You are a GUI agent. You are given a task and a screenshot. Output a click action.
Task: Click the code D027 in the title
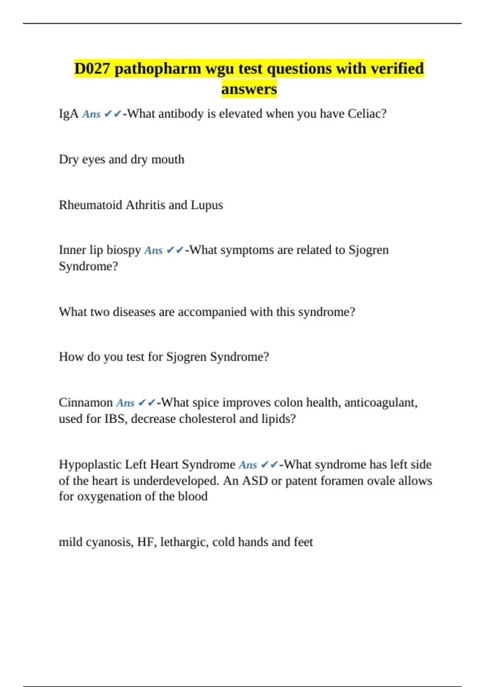pyautogui.click(x=92, y=69)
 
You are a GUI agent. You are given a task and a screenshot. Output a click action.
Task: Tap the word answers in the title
pyautogui.click(x=249, y=89)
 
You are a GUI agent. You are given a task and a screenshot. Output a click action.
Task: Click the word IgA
pyautogui.click(x=68, y=114)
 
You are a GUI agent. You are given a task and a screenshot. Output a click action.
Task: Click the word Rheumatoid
pyautogui.click(x=91, y=205)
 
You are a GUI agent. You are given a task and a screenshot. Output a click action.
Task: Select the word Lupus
pyautogui.click(x=207, y=205)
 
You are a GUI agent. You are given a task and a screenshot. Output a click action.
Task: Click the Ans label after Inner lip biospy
pyautogui.click(x=153, y=251)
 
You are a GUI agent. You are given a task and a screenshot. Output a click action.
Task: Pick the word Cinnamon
pyautogui.click(x=86, y=403)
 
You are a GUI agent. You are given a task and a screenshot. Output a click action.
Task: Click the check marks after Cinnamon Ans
pyautogui.click(x=147, y=403)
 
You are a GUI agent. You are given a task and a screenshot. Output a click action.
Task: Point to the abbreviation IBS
pyautogui.click(x=115, y=419)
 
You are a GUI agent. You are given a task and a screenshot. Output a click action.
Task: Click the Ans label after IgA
pyautogui.click(x=91, y=114)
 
